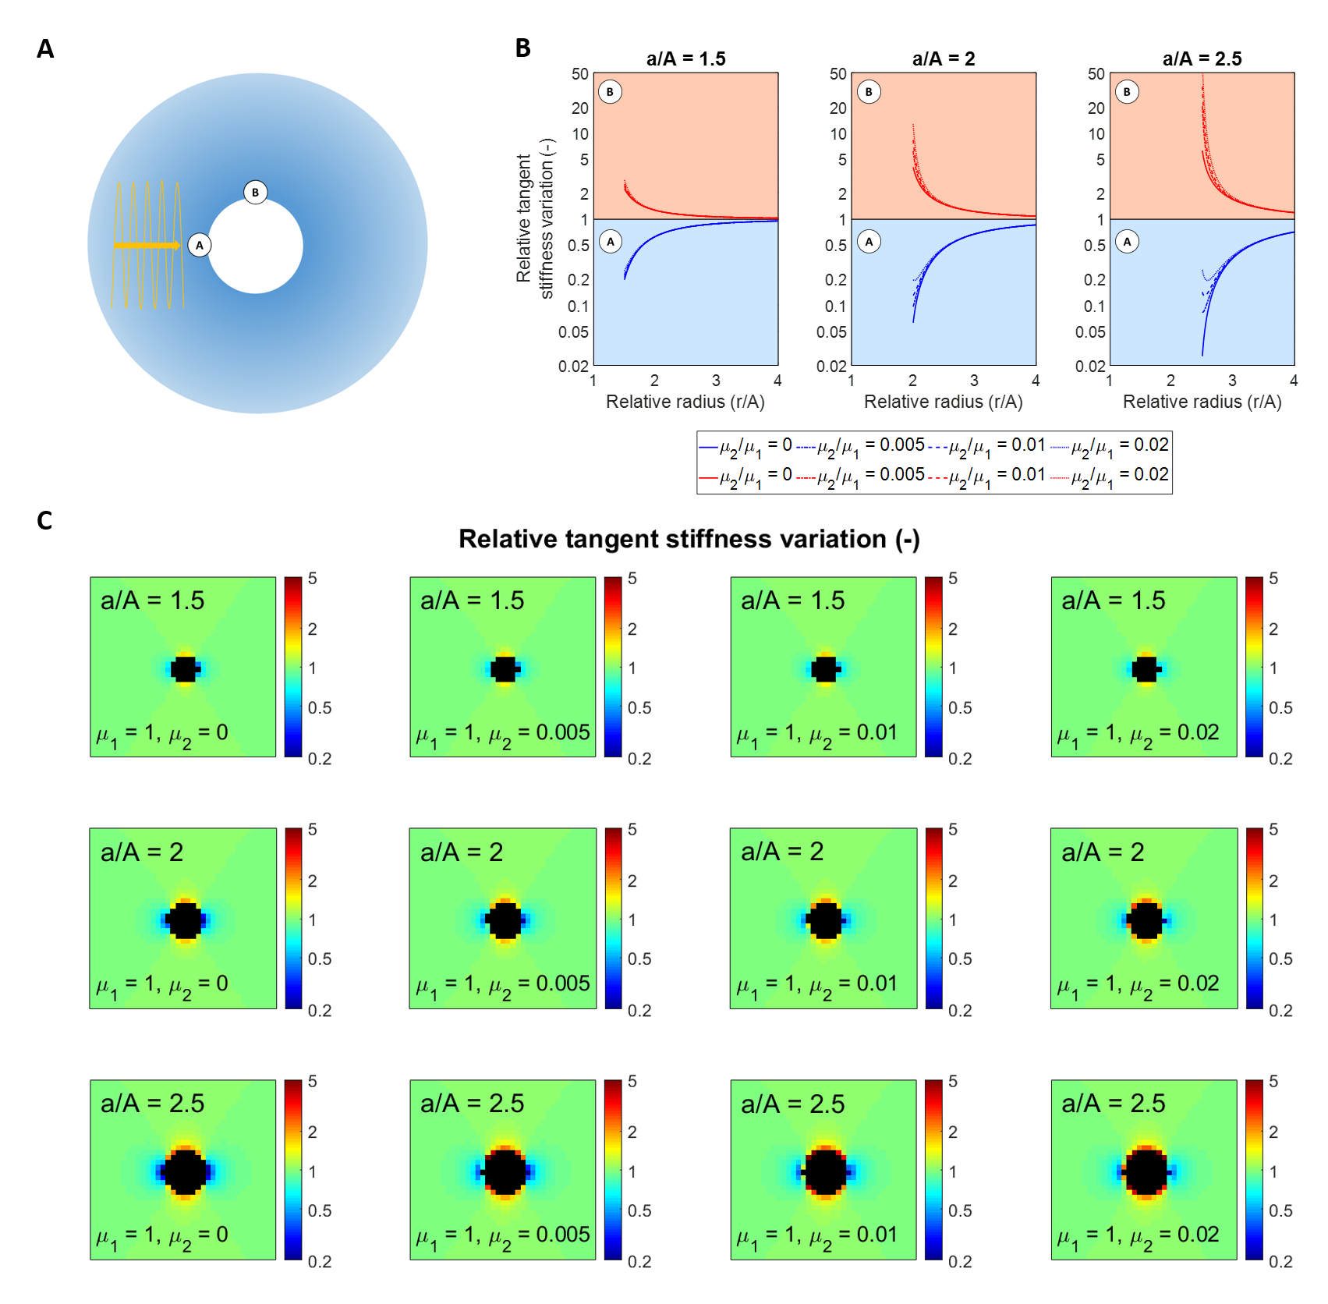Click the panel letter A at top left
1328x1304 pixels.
[x=45, y=49]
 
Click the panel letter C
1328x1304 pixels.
[x=44, y=520]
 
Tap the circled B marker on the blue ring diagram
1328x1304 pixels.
[x=255, y=193]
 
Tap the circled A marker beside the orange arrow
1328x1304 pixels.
[x=200, y=246]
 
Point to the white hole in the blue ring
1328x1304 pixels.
[x=256, y=246]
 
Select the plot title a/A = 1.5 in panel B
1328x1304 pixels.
[x=685, y=59]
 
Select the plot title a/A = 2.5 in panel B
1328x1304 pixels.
[x=1202, y=59]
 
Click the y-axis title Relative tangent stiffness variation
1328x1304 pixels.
[x=535, y=218]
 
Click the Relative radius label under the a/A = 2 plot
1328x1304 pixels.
[x=943, y=402]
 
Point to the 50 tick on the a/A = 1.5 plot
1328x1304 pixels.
[x=580, y=74]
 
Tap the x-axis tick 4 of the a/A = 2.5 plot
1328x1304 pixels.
[x=1294, y=381]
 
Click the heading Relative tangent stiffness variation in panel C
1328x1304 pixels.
[x=689, y=539]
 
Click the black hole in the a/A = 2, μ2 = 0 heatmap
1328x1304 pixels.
[x=185, y=920]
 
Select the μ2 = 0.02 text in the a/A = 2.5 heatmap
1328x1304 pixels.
[x=1138, y=1235]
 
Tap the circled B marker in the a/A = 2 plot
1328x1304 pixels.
[x=869, y=92]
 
